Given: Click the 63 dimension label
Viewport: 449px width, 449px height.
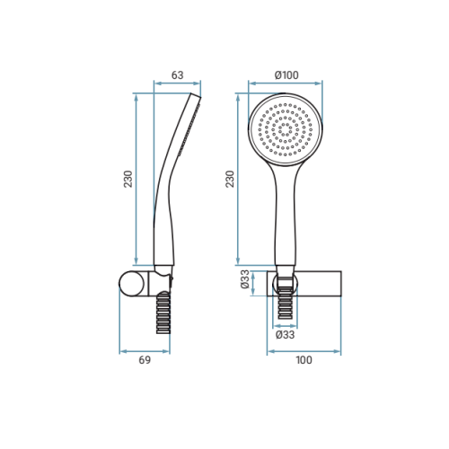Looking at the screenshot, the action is click(x=177, y=75).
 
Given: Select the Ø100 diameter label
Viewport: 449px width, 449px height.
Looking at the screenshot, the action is click(x=286, y=75).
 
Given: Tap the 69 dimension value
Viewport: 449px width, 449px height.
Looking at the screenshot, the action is click(x=145, y=360).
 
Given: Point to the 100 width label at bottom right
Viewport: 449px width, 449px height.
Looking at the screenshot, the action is click(x=304, y=360).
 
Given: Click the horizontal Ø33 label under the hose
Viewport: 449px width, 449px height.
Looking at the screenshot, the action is click(x=285, y=335).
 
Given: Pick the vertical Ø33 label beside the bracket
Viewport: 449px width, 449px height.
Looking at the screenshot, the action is click(x=245, y=279).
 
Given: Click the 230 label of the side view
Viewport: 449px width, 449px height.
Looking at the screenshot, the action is click(x=128, y=179).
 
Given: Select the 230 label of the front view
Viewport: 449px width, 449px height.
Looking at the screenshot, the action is click(x=230, y=179).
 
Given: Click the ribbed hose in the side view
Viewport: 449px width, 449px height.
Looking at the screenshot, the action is click(x=163, y=313).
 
